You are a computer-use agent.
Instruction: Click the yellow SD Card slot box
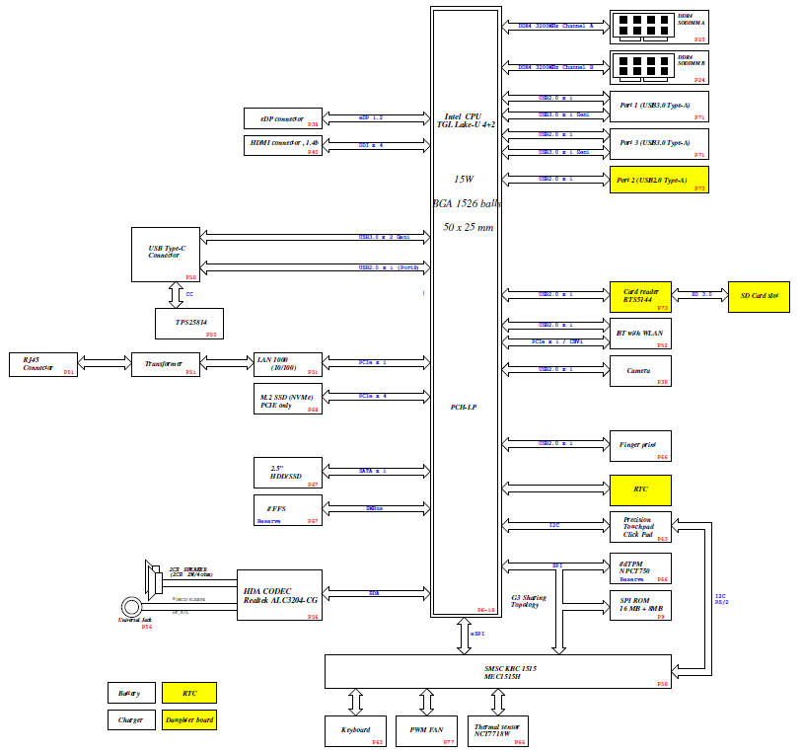pos(759,297)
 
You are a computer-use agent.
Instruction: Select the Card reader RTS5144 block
pos(639,297)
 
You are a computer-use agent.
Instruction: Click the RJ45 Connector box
pos(42,363)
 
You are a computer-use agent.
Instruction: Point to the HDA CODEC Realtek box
pos(279,594)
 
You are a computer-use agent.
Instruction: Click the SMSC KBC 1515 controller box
pos(498,671)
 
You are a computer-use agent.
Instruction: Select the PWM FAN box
pos(426,731)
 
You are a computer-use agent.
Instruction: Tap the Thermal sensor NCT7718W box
pos(497,731)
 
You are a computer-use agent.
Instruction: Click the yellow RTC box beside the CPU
pos(639,489)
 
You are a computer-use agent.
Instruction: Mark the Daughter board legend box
pos(188,719)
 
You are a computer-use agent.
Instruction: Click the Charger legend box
pos(130,719)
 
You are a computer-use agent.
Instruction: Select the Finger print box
pos(639,446)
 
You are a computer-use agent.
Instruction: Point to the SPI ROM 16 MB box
pos(639,606)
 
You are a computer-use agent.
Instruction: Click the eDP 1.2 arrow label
pos(371,118)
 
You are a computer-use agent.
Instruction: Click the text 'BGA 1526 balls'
pos(467,203)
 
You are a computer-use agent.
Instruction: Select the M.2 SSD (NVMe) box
pos(287,398)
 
